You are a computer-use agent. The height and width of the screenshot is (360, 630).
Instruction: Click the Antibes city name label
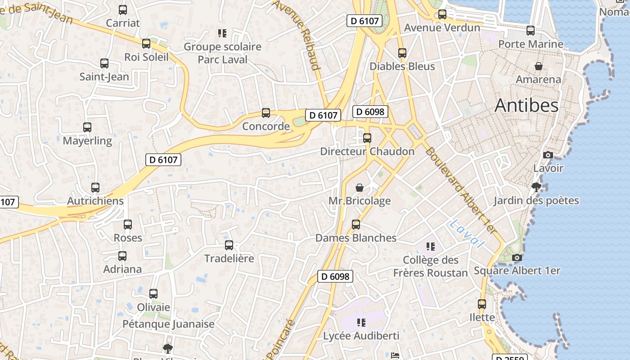pyautogui.click(x=526, y=105)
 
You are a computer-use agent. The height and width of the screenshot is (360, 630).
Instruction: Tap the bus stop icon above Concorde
pyautogui.click(x=266, y=113)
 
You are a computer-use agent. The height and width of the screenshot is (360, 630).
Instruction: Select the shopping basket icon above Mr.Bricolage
pyautogui.click(x=360, y=188)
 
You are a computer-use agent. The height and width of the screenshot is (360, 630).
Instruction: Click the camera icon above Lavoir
pyautogui.click(x=548, y=155)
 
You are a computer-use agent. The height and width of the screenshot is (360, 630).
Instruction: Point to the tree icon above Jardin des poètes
pyautogui.click(x=536, y=187)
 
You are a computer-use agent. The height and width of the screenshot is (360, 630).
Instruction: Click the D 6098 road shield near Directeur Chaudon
pyautogui.click(x=370, y=112)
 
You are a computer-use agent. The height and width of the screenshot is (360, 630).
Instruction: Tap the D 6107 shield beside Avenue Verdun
pyautogui.click(x=364, y=20)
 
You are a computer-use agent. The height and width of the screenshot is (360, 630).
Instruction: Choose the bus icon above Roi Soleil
pyautogui.click(x=146, y=44)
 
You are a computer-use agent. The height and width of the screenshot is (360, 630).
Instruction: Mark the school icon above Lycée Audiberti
pyautogui.click(x=361, y=322)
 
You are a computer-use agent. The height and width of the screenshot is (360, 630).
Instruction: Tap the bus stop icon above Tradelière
pyautogui.click(x=229, y=245)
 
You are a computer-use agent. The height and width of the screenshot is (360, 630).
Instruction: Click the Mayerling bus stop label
pyautogui.click(x=87, y=141)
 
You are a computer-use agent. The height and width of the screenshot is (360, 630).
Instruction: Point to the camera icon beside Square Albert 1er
pyautogui.click(x=517, y=258)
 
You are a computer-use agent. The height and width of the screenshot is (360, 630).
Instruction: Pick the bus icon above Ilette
pyautogui.click(x=482, y=304)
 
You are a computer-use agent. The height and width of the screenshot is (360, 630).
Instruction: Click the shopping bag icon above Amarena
pyautogui.click(x=538, y=67)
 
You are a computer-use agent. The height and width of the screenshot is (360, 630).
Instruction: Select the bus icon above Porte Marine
pyautogui.click(x=531, y=31)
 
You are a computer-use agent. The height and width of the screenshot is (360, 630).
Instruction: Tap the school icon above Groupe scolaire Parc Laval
pyautogui.click(x=222, y=33)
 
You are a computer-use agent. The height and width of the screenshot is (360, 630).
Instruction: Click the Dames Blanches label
pyautogui.click(x=355, y=238)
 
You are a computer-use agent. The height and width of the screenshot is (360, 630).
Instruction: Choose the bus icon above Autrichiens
pyautogui.click(x=95, y=188)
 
